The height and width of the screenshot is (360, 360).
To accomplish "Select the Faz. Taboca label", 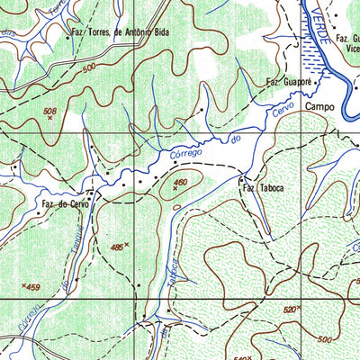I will tap(261, 189).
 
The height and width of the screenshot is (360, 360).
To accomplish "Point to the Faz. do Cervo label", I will tap(67, 203).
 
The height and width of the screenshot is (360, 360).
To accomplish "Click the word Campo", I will tap(319, 106).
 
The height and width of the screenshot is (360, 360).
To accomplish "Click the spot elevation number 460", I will tap(181, 182).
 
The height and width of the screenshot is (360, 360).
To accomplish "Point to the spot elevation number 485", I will tap(116, 245).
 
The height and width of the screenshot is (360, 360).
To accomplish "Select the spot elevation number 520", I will tap(289, 308).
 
